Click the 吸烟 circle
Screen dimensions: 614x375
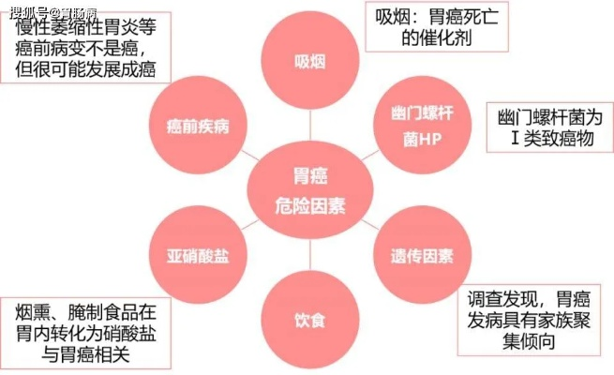click(310, 60)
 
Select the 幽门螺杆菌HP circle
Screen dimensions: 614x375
click(422, 125)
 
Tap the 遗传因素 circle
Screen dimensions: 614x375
click(422, 255)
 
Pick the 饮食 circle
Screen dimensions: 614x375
click(310, 320)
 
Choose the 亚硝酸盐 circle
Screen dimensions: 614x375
click(198, 255)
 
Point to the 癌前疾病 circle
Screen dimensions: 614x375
click(198, 125)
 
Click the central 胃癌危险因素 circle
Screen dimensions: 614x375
click(310, 190)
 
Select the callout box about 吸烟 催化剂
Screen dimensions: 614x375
click(437, 26)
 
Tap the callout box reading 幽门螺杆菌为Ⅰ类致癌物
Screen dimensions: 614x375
click(549, 127)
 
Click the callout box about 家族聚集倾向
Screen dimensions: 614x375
click(529, 321)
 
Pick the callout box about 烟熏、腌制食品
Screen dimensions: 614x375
click(85, 333)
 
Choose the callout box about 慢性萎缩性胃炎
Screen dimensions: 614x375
click(85, 48)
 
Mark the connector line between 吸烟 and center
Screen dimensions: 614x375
click(310, 126)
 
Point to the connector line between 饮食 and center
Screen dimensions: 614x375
click(310, 255)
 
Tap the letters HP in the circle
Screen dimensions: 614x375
click(431, 139)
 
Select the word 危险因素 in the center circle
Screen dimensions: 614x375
click(310, 206)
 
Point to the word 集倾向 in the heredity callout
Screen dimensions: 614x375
click(529, 341)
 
